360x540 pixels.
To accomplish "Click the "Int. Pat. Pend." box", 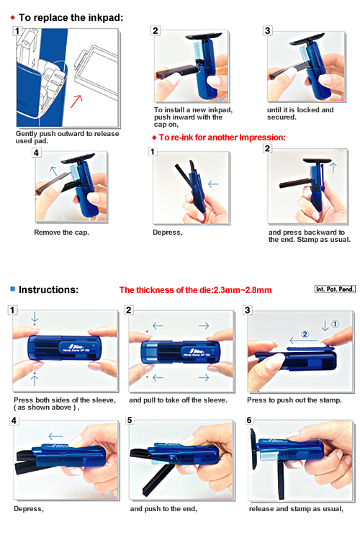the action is coord(335,289).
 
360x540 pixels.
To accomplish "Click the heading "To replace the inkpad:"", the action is coord(71,17).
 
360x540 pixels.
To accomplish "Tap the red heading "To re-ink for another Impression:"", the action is coord(222,138).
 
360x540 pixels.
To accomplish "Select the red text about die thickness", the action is coord(195,290).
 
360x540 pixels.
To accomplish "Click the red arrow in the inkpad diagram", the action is coord(76,102).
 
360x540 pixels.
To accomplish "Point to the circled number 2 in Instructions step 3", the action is coord(305,334).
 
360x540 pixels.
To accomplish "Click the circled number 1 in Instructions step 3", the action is coord(335,324).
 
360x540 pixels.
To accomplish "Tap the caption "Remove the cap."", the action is coord(61,233).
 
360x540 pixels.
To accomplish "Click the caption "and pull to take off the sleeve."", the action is coord(178,400).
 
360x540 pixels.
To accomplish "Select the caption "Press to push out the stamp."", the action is coord(294,400).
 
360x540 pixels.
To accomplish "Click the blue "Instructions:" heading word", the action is coord(48,289).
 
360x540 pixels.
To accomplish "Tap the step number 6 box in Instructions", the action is coord(249,420).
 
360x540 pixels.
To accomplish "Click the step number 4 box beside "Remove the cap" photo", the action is coord(36,153).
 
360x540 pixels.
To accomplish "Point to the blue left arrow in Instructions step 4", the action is coord(56,437).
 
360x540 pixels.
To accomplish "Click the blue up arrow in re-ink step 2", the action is coord(333,168).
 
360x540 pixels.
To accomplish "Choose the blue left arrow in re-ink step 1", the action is coord(214,184).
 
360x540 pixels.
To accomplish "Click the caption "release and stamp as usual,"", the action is coord(296,509).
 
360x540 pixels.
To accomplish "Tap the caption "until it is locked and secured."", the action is coord(300,114).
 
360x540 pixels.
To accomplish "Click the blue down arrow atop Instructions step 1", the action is coord(35,316).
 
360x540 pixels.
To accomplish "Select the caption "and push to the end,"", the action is coord(163,509).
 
